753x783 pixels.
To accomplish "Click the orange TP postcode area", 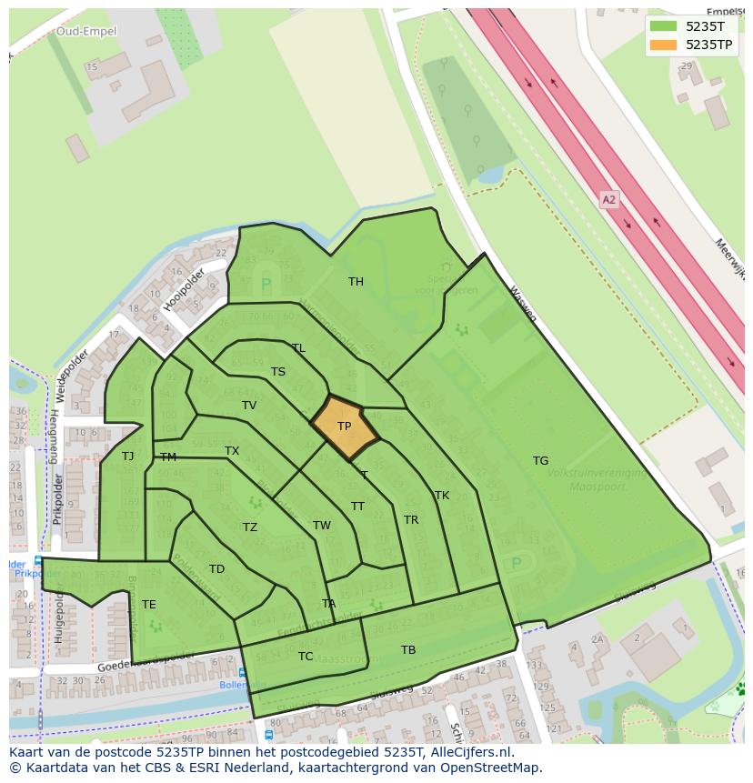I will (x=344, y=427).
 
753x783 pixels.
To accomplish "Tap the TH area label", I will (x=356, y=282).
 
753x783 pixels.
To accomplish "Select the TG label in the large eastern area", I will (x=540, y=461).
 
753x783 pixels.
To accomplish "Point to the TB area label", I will (x=408, y=650).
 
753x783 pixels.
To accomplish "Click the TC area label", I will (x=306, y=657).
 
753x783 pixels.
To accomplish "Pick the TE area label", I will (x=148, y=605).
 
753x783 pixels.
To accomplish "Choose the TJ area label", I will (x=128, y=457).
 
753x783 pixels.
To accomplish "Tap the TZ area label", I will (x=250, y=527).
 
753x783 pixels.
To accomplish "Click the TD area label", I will (x=216, y=570).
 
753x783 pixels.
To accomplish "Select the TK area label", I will (x=442, y=496).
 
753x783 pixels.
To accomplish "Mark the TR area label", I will (x=411, y=520).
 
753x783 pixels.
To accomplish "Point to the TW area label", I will (x=322, y=526).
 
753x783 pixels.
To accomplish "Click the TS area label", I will (x=278, y=372).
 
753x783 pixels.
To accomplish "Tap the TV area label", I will (x=249, y=406).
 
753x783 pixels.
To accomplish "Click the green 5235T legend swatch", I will (x=664, y=25).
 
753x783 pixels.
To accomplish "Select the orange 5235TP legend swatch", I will (x=664, y=44).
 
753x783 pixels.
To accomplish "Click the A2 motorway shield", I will (x=609, y=199).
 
